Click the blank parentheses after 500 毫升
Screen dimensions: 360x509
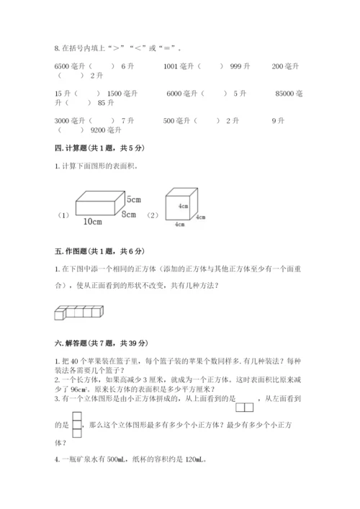coord(206,121)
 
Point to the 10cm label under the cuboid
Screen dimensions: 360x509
coord(91,221)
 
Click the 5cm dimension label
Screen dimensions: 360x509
coord(134,199)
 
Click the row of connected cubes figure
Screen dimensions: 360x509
coord(79,312)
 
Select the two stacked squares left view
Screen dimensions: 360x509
coord(78,425)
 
